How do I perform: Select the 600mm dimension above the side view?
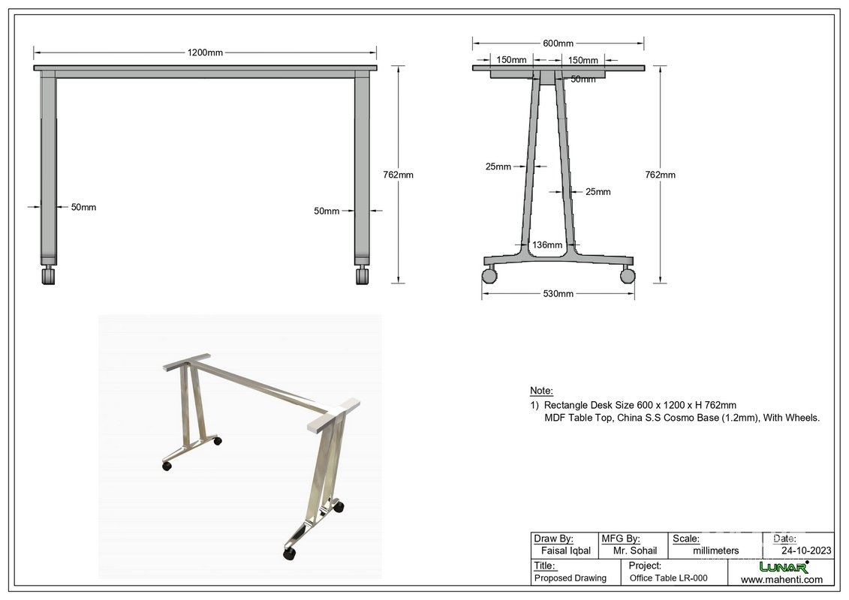558,44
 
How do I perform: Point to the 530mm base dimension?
558,294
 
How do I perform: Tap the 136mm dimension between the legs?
547,245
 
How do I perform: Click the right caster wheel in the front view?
363,277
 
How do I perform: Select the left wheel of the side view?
489,275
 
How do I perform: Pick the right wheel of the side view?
628,275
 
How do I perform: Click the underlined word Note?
541,391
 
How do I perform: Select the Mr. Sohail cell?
634,550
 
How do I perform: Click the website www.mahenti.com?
781,579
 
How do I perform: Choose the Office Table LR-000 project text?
668,578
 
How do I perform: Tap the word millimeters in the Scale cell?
715,550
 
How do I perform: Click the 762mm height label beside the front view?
398,175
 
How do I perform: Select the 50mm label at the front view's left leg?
83,207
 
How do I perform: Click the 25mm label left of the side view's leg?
498,166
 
